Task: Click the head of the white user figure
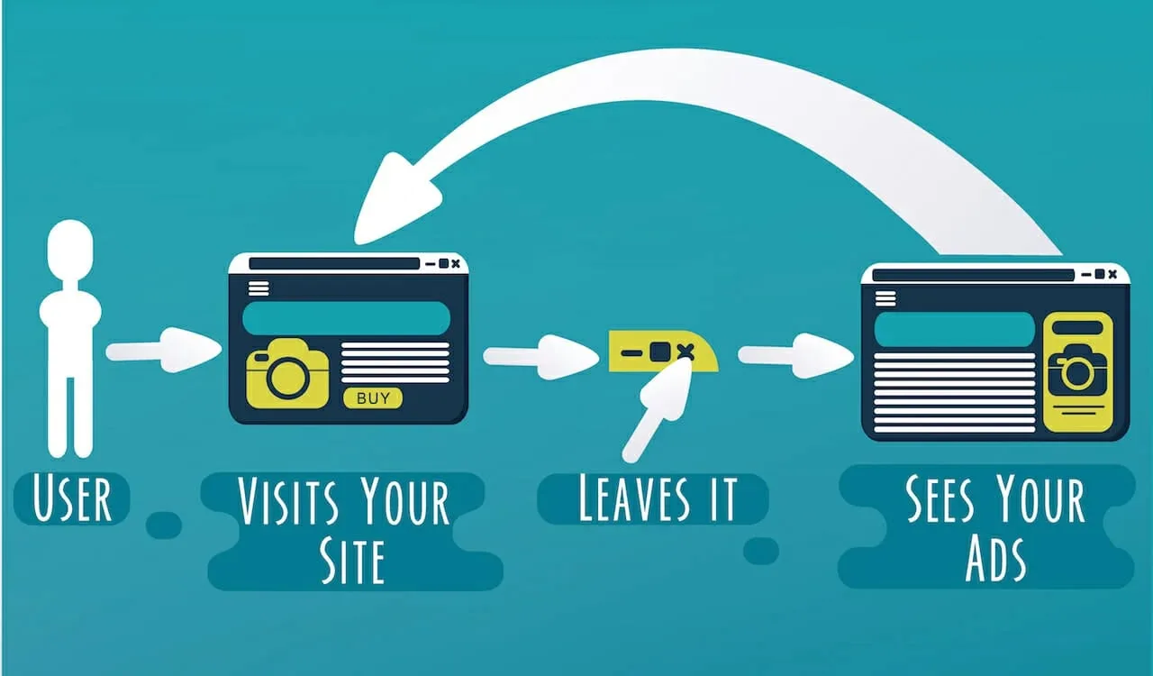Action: point(70,250)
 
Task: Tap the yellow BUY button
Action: point(373,397)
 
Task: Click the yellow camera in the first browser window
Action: point(287,373)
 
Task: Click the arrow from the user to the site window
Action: point(164,350)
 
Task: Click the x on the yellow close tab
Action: point(685,352)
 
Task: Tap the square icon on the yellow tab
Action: point(660,352)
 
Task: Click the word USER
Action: point(72,498)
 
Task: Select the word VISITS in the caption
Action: point(288,501)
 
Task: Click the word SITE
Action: point(352,562)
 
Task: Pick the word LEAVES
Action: point(634,498)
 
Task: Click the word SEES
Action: point(940,498)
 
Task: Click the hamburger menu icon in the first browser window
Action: point(259,288)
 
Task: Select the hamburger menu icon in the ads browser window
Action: point(885,298)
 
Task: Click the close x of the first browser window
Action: point(456,264)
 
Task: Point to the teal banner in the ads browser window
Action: point(954,329)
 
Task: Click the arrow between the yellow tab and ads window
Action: point(795,355)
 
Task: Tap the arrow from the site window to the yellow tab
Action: point(541,357)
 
